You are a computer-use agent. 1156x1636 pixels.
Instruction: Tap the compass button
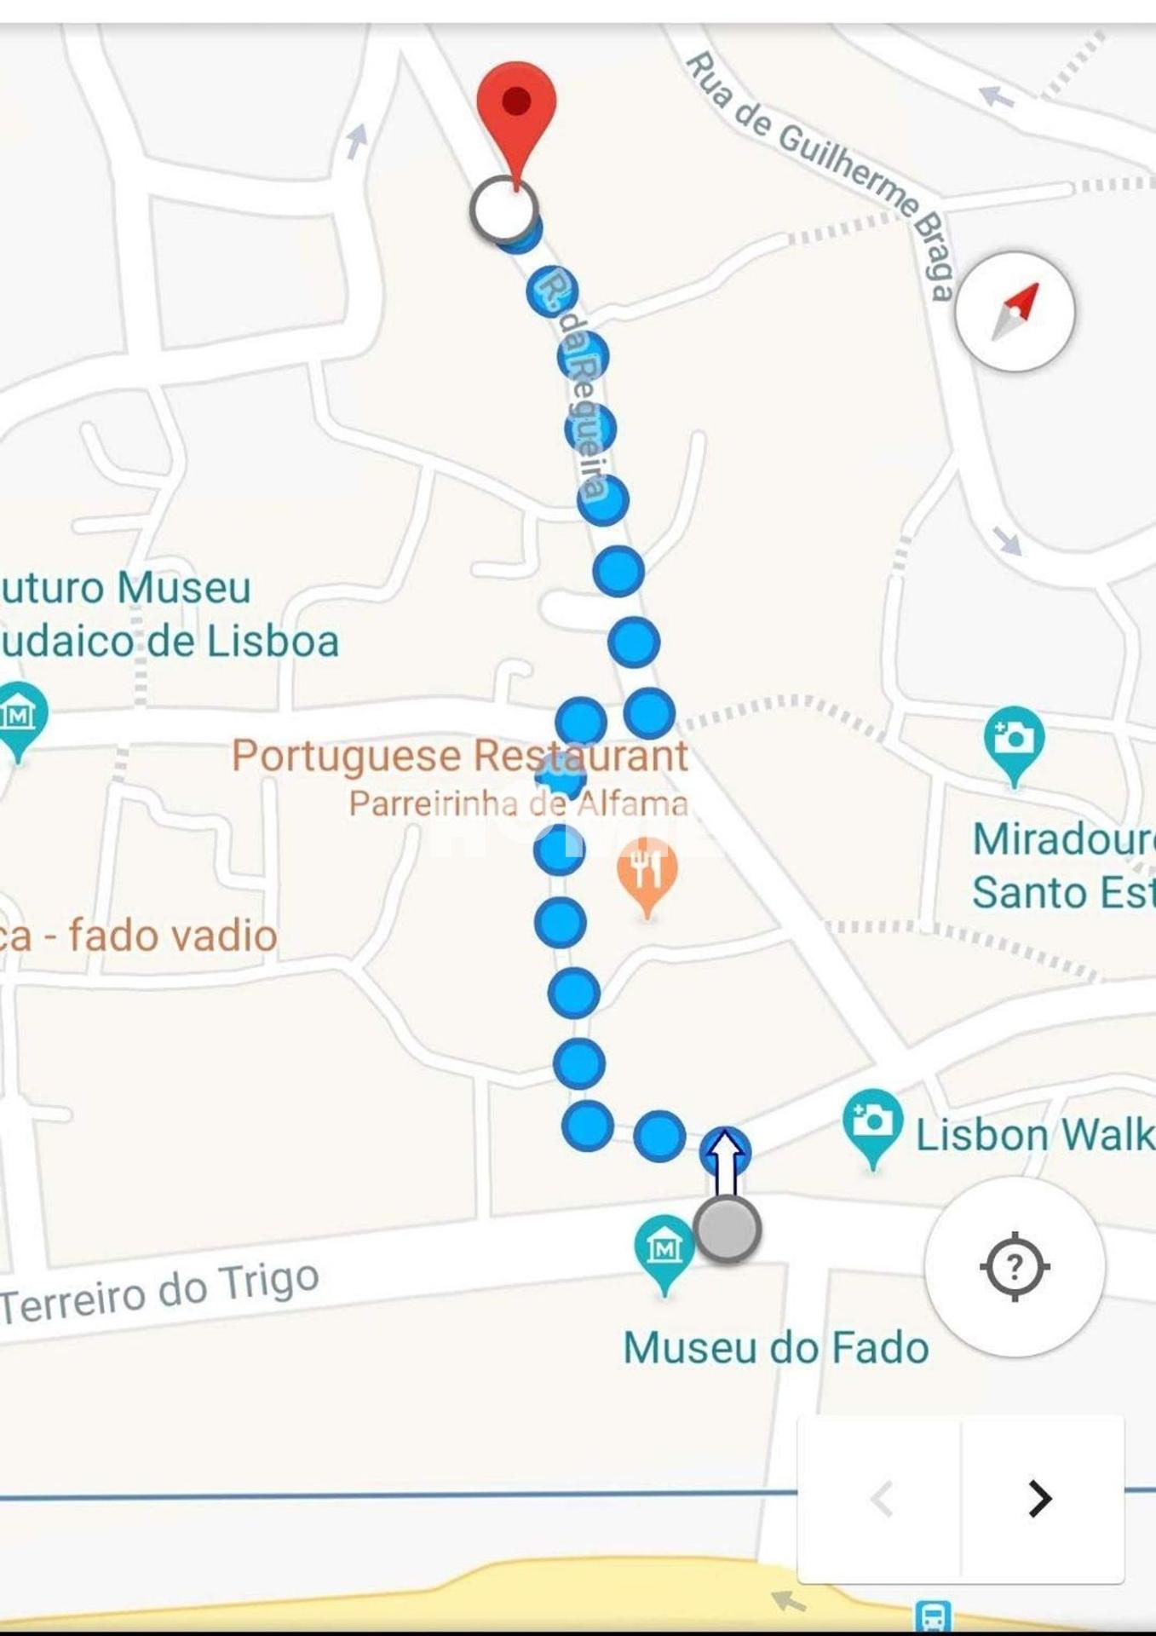pos(1015,312)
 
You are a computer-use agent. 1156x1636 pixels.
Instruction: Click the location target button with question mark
pos(1014,1267)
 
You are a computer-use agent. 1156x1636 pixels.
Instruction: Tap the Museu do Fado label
pos(775,1348)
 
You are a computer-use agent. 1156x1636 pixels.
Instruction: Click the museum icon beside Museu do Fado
pos(664,1250)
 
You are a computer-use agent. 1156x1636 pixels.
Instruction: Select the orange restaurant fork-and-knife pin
pos(647,872)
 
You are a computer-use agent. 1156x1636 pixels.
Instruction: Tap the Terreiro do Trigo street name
pos(160,1293)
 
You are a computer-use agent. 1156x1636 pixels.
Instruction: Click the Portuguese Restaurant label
pos(459,756)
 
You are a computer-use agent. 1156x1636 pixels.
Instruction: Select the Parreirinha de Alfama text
pos(518,804)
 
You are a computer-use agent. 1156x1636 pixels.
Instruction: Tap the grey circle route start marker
pos(727,1229)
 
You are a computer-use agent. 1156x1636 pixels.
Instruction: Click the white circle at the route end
pos(503,210)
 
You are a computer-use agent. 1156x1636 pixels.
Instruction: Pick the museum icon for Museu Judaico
pos(19,716)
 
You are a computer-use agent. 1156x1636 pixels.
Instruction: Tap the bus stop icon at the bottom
pos(932,1616)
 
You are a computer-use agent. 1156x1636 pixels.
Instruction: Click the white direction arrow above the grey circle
pos(725,1161)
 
